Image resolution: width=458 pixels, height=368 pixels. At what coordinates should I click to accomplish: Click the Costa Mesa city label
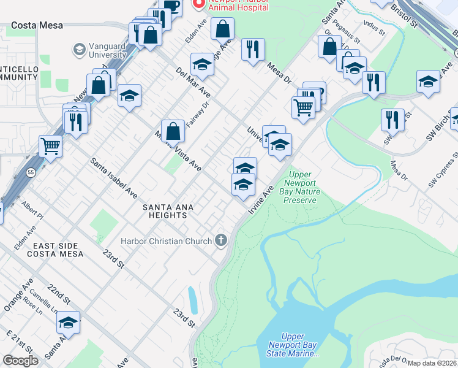click(x=36, y=25)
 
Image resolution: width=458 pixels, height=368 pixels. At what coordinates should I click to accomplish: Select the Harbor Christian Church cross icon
click(x=220, y=240)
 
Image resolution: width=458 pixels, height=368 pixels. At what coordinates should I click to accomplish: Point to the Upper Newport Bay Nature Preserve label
click(x=300, y=188)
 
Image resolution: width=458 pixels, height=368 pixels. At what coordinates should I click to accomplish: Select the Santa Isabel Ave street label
click(x=114, y=178)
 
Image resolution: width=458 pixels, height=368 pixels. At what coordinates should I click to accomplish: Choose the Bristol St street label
click(x=405, y=14)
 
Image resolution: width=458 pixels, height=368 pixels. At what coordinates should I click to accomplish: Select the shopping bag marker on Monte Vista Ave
click(x=173, y=130)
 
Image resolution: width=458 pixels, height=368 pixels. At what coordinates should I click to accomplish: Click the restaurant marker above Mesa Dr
click(x=253, y=48)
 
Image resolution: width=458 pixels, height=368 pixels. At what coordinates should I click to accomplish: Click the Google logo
click(x=21, y=361)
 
